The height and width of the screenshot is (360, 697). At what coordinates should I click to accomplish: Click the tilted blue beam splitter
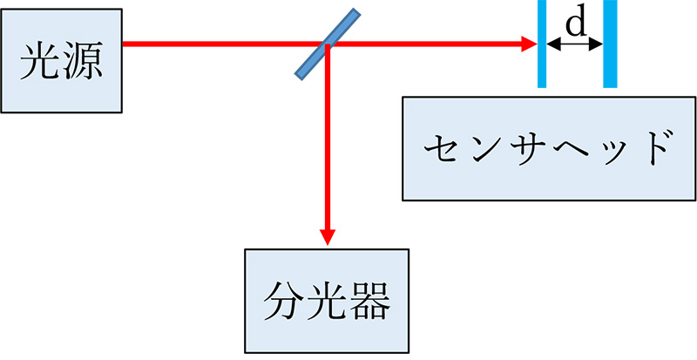(326, 44)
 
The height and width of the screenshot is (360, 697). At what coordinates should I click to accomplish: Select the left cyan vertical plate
(542, 44)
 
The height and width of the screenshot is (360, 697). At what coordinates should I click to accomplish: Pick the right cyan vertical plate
(610, 44)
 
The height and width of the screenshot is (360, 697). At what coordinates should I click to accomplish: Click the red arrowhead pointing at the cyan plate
(528, 43)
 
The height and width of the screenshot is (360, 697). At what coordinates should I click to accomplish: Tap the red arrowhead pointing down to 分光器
(328, 237)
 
